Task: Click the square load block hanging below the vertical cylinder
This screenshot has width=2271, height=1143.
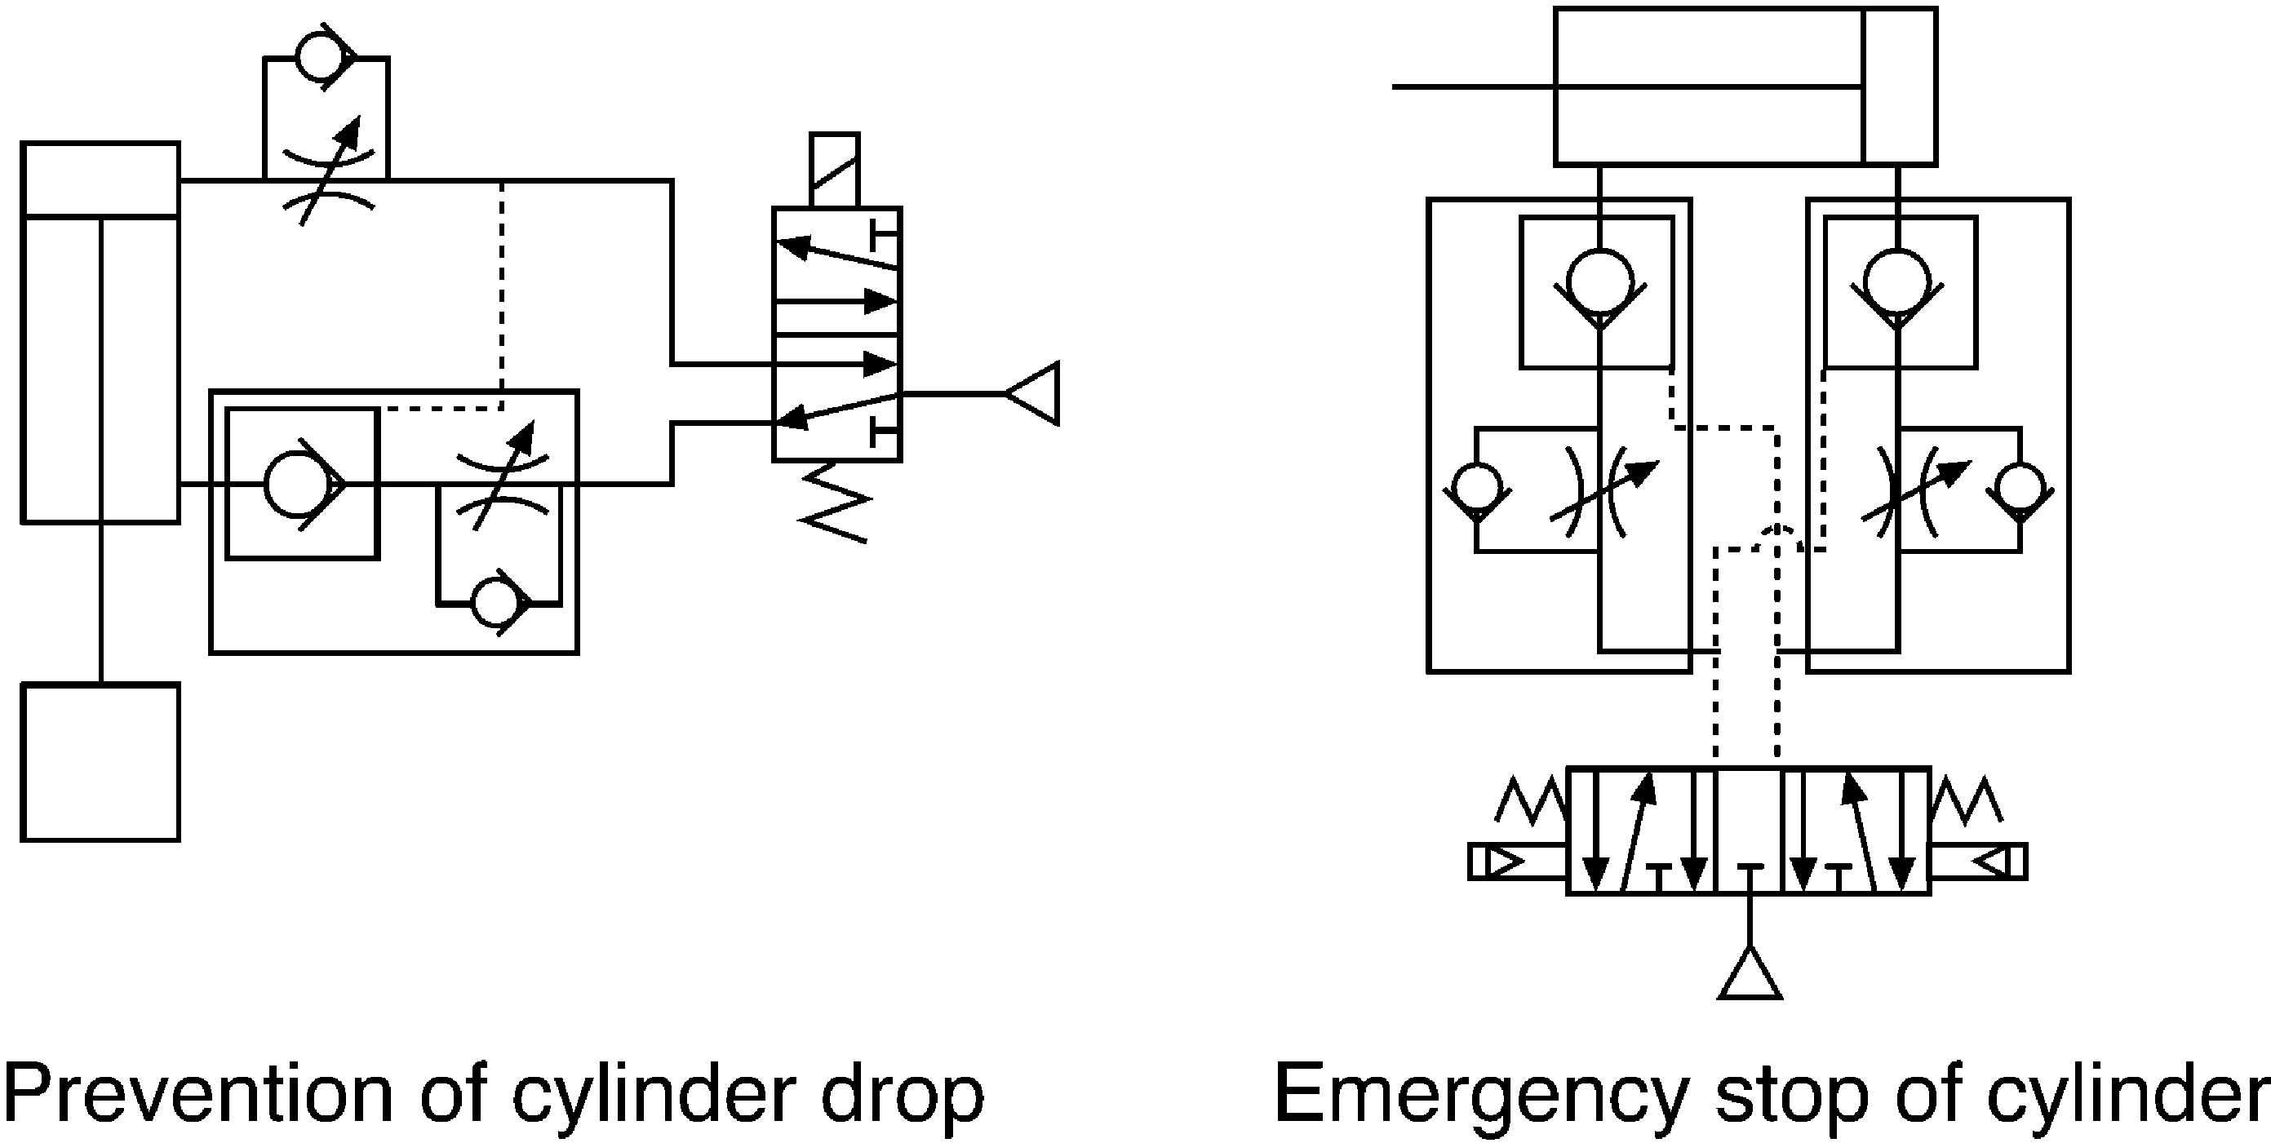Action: coord(100,762)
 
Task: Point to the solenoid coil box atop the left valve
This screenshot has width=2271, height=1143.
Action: coord(834,171)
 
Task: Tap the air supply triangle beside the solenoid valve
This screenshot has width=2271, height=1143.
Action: coord(1032,393)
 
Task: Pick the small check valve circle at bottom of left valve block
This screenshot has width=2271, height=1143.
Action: coord(498,603)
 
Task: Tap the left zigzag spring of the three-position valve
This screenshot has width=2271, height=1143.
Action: coord(1532,800)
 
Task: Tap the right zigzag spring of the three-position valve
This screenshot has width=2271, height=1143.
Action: coord(1966,800)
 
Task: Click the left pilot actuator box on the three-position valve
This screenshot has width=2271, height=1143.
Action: coord(1517,862)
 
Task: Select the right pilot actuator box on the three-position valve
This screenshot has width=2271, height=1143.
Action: coord(1979,862)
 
